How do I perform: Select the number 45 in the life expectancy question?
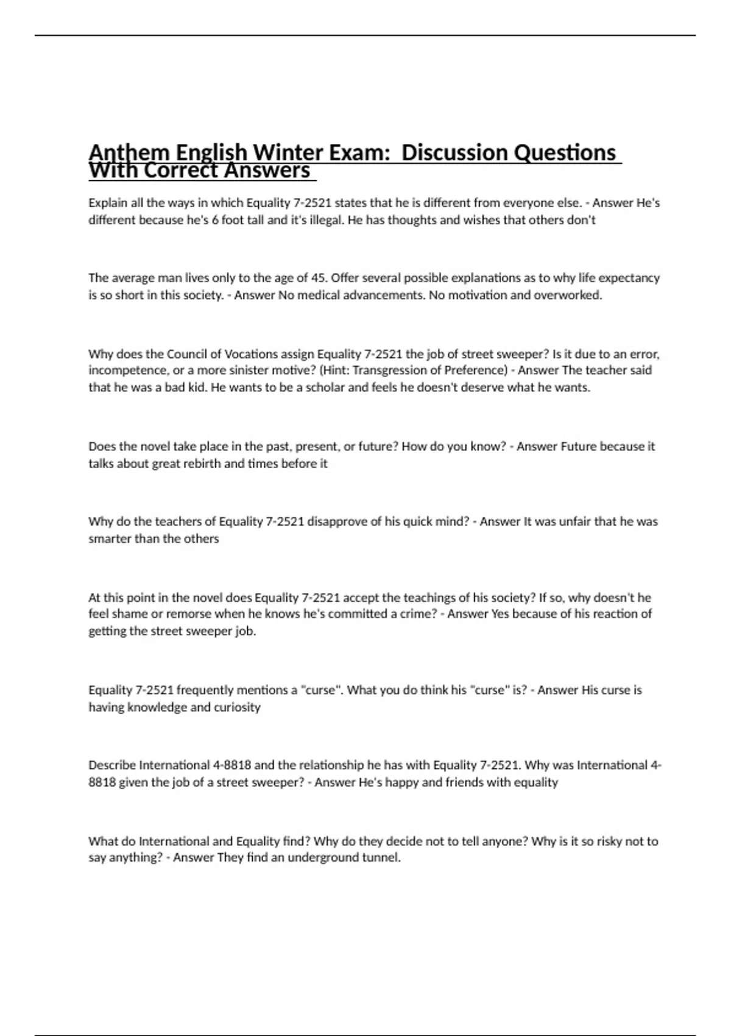pos(318,278)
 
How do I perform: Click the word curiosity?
pos(237,707)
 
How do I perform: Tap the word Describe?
pos(112,765)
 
